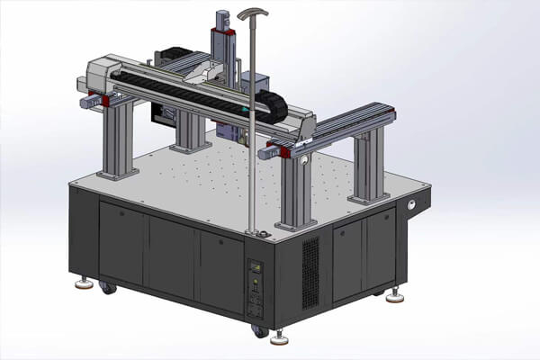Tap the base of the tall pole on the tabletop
(256, 234)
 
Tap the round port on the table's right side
(413, 205)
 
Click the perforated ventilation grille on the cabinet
(310, 274)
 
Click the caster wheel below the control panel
(260, 331)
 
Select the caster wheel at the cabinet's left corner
(108, 289)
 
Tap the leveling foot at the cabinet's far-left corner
(84, 284)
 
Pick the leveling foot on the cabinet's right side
(395, 294)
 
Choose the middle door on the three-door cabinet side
(172, 256)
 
